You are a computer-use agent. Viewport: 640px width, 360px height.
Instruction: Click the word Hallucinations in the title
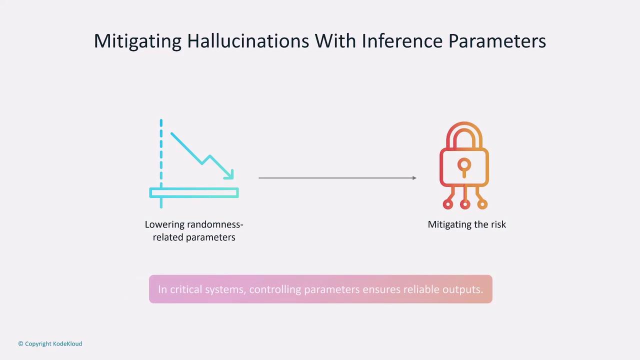[248, 41]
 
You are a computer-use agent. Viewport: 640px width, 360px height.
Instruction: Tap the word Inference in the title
[402, 41]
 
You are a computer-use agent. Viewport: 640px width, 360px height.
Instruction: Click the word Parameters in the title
[497, 41]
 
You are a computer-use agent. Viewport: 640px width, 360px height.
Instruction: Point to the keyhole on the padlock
[464, 167]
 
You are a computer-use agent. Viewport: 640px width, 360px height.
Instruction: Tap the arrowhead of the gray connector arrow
[414, 178]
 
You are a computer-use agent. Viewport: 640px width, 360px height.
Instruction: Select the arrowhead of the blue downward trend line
[229, 175]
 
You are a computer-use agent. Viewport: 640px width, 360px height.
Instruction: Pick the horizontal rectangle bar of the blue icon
[194, 192]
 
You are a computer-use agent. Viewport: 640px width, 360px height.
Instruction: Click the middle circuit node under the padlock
[465, 204]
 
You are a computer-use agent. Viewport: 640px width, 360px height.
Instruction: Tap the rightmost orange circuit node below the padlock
[482, 204]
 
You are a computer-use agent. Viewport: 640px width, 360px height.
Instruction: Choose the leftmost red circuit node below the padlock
[447, 204]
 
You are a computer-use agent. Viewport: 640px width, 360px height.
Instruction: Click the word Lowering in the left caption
[164, 225]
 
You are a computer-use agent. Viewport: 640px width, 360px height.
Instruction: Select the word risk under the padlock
[498, 224]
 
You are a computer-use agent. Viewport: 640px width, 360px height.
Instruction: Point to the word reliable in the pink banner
[421, 289]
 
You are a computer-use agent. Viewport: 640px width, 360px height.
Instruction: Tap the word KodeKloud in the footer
[67, 343]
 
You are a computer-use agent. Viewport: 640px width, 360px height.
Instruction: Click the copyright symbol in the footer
[20, 343]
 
